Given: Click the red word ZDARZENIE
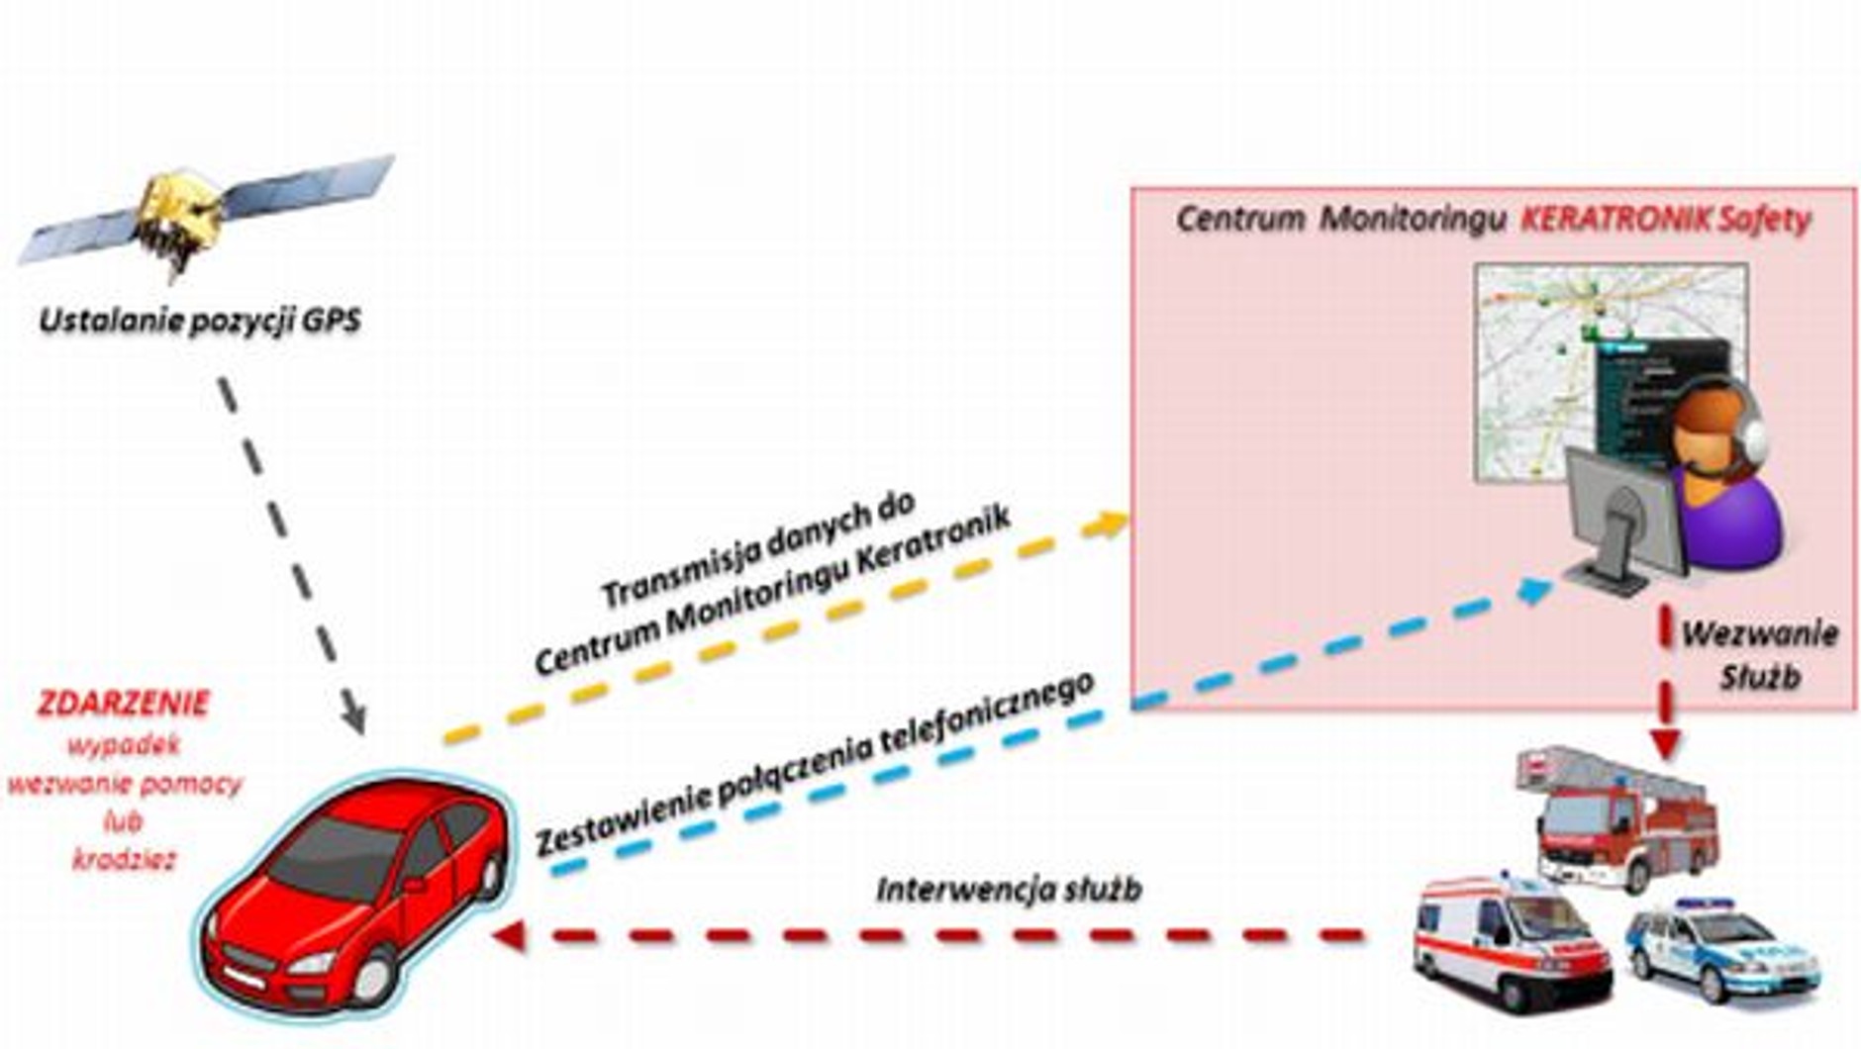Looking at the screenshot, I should click(x=124, y=704).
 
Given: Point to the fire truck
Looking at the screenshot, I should click(x=1618, y=821).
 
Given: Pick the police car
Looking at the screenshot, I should click(x=1722, y=950).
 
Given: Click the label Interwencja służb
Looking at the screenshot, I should click(x=1009, y=889).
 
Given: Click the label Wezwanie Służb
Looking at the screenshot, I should click(x=1760, y=654).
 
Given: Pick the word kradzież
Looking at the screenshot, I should click(x=124, y=859).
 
